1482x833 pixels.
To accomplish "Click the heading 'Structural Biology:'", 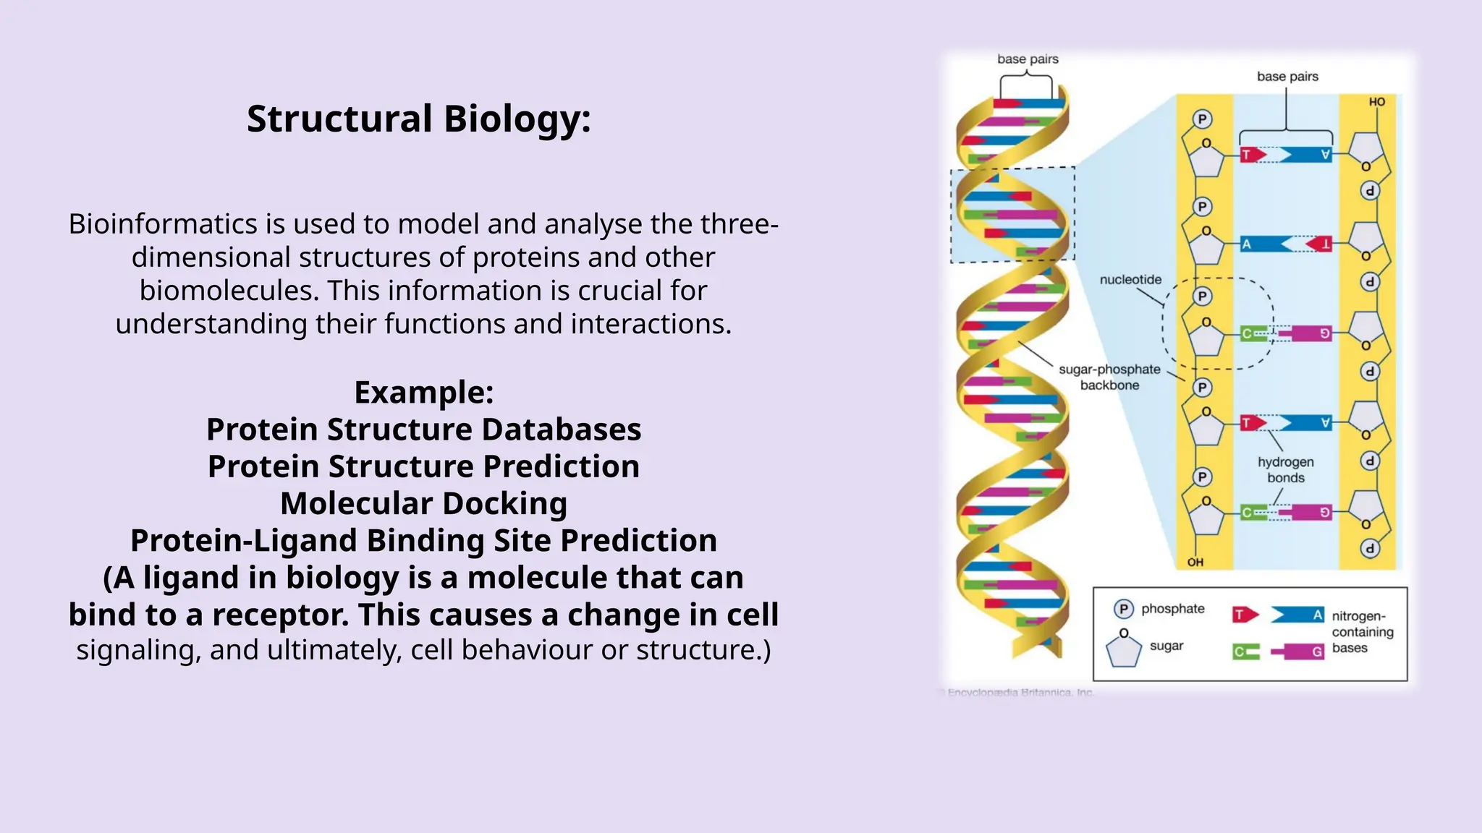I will pos(419,119).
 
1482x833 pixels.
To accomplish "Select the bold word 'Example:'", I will pos(424,393).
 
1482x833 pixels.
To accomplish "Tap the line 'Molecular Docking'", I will pos(424,503).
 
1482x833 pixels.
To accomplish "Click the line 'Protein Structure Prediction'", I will pos(424,466).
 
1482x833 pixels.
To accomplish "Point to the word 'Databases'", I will pos(562,430).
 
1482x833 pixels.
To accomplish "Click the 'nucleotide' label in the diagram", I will pos(1130,280).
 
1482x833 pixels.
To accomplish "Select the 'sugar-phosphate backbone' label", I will pos(1109,377).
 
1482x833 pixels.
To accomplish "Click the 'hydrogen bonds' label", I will pos(1285,470).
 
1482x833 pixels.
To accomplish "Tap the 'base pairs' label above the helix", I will pos(1028,59).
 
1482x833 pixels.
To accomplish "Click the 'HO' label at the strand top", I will pos(1376,102).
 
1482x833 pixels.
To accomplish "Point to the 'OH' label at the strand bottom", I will pos(1195,562).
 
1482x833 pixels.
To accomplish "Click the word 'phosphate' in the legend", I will pos(1172,609).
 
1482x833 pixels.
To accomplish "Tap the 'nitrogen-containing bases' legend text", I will pos(1362,632).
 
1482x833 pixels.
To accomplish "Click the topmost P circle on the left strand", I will pos(1202,119).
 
